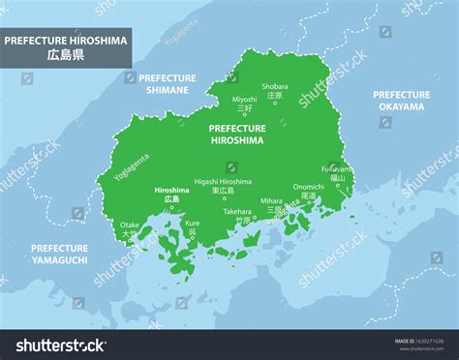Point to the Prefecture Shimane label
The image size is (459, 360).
click(x=168, y=82)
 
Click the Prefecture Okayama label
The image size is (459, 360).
click(x=401, y=101)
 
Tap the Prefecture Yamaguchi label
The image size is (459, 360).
click(x=59, y=255)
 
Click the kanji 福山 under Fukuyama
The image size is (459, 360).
click(x=337, y=178)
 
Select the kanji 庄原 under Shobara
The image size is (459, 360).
click(x=275, y=96)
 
